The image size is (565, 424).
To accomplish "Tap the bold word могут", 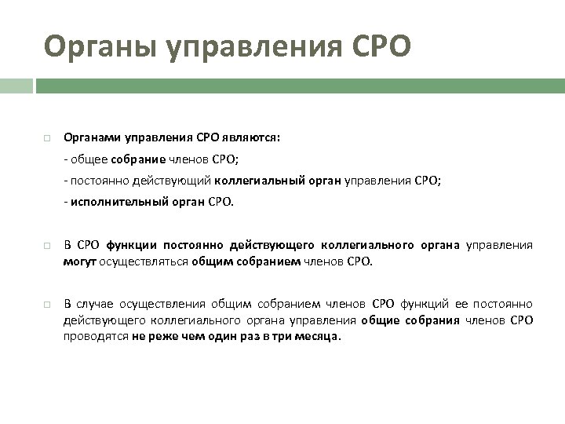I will (79, 261).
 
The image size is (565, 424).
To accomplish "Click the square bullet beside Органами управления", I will (47, 138).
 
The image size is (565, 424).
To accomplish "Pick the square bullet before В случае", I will (47, 305).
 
